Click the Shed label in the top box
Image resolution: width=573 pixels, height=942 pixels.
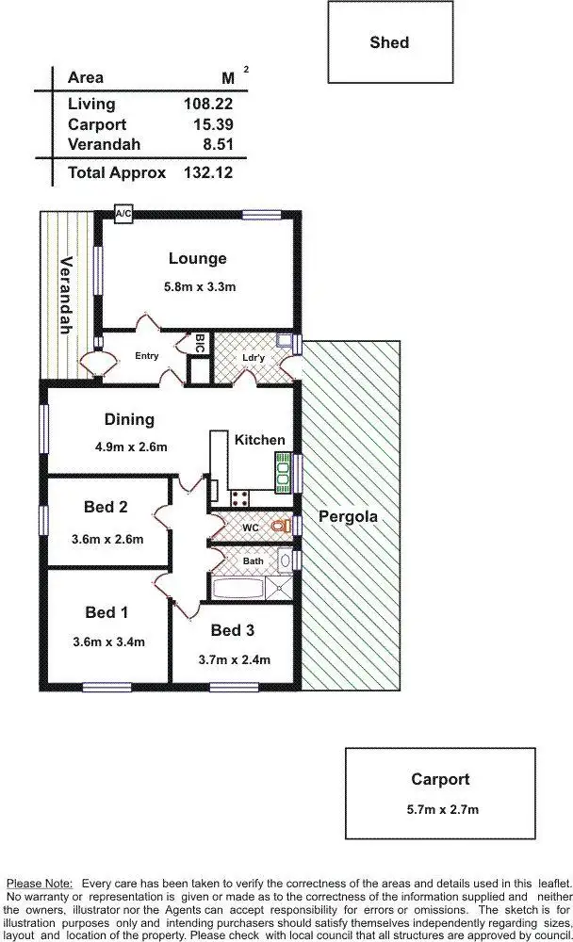[x=389, y=42]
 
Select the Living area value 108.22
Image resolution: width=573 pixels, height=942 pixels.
[x=207, y=105]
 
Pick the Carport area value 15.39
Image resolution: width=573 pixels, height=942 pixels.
[x=211, y=124]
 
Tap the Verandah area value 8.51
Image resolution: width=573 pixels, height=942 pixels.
[x=216, y=144]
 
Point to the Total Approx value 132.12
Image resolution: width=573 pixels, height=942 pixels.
[x=207, y=173]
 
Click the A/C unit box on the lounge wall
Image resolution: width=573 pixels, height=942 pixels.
[x=123, y=215]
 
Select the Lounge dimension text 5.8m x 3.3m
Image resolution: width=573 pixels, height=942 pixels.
[x=197, y=286]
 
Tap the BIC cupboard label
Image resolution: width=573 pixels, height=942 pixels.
[x=199, y=345]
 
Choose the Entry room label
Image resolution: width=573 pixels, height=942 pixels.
[x=146, y=356]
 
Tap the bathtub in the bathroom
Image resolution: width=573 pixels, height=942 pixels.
[x=238, y=590]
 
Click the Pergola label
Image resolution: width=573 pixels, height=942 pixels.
[x=348, y=516]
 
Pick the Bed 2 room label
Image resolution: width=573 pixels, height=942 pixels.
[x=106, y=507]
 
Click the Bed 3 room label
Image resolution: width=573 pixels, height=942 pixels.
[x=233, y=630]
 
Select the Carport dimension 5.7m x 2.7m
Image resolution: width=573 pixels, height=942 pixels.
[x=439, y=808]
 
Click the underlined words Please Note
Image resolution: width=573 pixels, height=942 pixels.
[x=40, y=884]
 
